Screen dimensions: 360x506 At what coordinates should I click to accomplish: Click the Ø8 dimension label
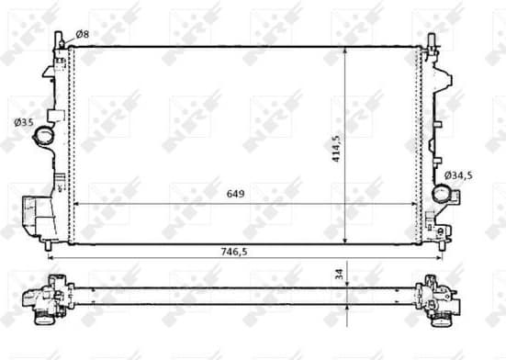[x=82, y=34]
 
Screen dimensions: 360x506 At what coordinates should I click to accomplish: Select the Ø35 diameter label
[x=23, y=120]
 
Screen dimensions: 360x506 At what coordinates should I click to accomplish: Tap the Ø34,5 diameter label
[x=458, y=174]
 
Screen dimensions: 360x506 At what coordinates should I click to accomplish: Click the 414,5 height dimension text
[x=337, y=146]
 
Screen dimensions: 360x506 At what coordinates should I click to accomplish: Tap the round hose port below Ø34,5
[x=444, y=195]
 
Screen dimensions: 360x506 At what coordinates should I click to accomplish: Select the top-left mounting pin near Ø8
[x=60, y=39]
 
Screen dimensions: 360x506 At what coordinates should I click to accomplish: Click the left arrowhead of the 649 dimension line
[x=75, y=205]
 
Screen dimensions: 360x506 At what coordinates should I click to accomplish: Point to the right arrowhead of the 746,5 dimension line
[x=439, y=258]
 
